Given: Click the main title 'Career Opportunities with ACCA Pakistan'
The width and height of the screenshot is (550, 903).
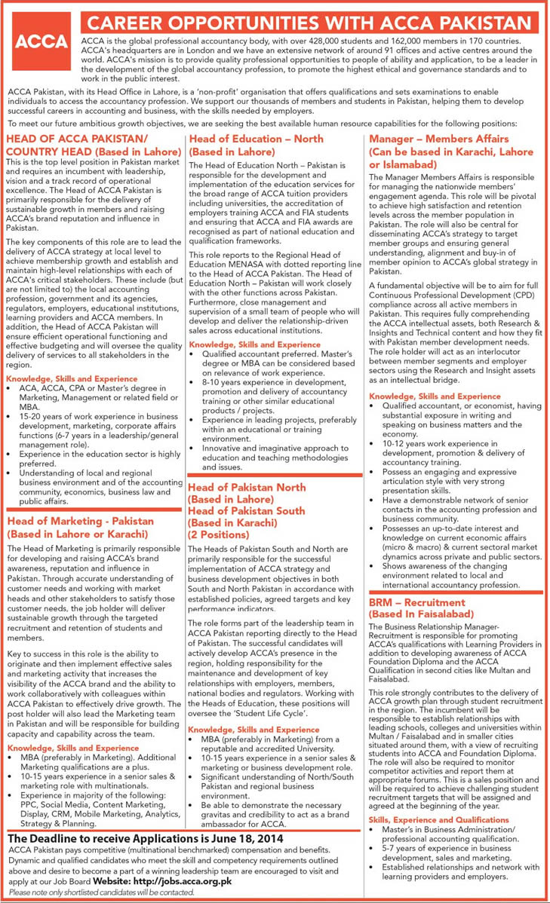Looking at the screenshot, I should (x=311, y=22).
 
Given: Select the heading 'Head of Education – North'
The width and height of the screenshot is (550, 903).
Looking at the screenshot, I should (x=256, y=139).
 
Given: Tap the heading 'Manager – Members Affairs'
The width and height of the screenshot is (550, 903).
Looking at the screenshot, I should (x=438, y=139).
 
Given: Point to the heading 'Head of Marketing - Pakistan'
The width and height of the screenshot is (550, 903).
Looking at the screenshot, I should (x=80, y=521).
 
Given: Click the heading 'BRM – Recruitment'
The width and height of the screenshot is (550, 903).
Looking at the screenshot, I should (x=416, y=603).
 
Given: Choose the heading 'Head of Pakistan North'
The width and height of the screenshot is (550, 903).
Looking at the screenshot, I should (x=247, y=488).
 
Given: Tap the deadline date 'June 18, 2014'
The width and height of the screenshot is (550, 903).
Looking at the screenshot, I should (x=247, y=837).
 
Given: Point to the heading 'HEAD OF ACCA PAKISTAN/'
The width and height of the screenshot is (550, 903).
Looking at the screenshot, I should (x=77, y=139).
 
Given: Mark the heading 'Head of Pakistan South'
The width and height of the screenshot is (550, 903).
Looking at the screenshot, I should (x=247, y=510).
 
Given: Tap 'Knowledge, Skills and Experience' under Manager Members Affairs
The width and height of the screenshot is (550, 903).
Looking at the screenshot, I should (x=435, y=396).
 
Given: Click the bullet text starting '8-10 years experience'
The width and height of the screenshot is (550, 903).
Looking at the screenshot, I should (x=264, y=382).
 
